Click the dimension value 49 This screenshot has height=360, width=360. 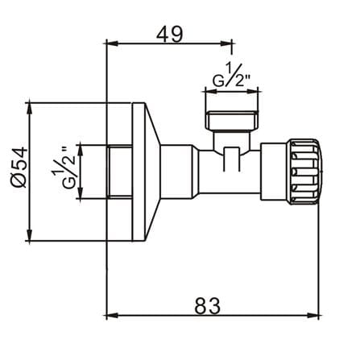pos(170,34)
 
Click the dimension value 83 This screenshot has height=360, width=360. pos(208,305)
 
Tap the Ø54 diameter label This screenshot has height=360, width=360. pos(19,167)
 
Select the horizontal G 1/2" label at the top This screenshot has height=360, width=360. pos(231,75)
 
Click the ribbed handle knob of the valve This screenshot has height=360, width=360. pos(304,172)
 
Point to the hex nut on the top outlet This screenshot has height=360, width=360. pos(232,120)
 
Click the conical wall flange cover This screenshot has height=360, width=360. pos(146,172)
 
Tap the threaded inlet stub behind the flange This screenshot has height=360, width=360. pos(119,172)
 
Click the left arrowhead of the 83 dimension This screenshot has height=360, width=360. pos(112,315)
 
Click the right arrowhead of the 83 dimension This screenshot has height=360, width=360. pos(313,315)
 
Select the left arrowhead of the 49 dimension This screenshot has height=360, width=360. pos(112,43)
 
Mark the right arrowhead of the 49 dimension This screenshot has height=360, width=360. pos(226,43)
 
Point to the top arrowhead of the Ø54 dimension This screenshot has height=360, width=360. pos(29,108)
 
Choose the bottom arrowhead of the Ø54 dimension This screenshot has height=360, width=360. pos(29,235)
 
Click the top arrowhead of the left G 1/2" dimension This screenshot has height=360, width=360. pos(80,151)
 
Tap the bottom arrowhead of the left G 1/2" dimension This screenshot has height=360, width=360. pos(80,192)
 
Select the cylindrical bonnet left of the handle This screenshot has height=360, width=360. pos(275,172)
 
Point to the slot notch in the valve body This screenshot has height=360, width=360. pos(231,159)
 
